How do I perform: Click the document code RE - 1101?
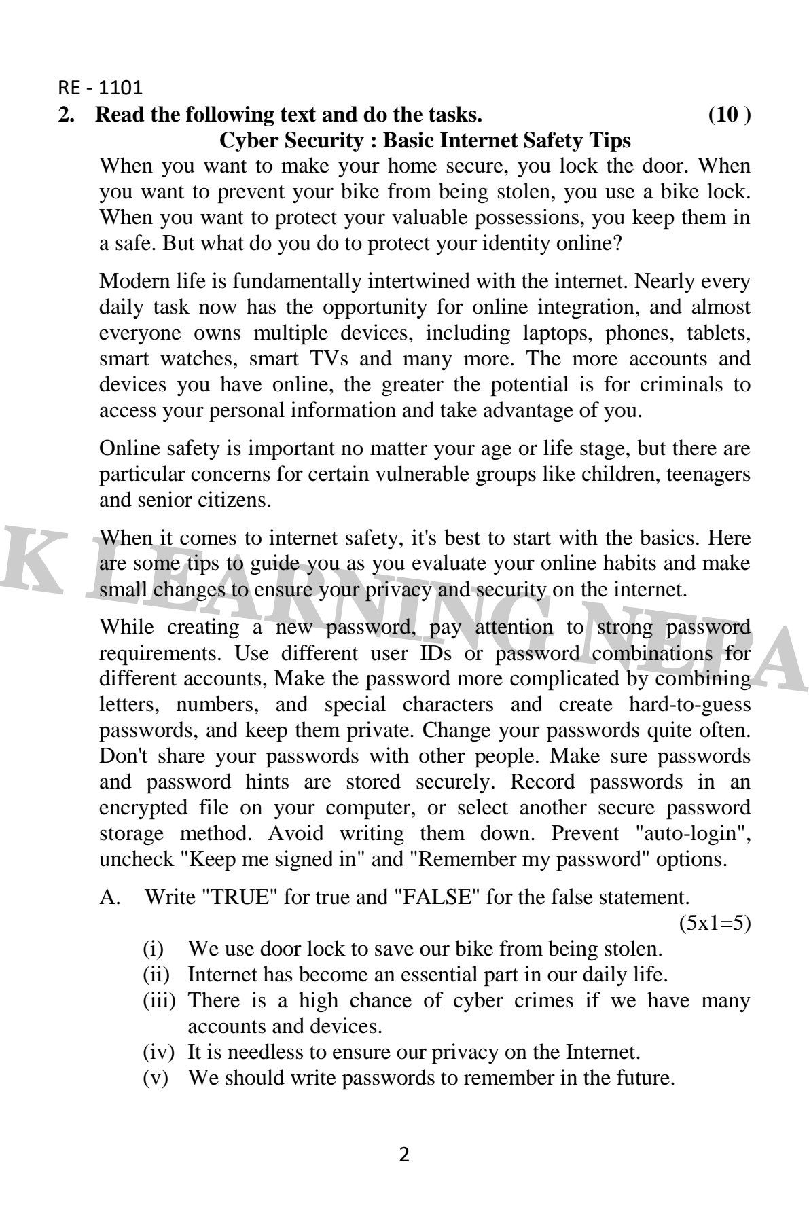pyautogui.click(x=100, y=88)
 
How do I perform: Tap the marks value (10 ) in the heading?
pyautogui.click(x=729, y=115)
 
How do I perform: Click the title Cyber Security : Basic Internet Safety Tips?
pyautogui.click(x=425, y=141)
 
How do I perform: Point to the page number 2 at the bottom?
pyautogui.click(x=404, y=1155)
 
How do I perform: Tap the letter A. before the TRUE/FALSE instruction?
pyautogui.click(x=109, y=897)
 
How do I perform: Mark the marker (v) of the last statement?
pyautogui.click(x=155, y=1078)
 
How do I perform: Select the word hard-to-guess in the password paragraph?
pyautogui.click(x=689, y=704)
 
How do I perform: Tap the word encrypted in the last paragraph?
pyautogui.click(x=143, y=808)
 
